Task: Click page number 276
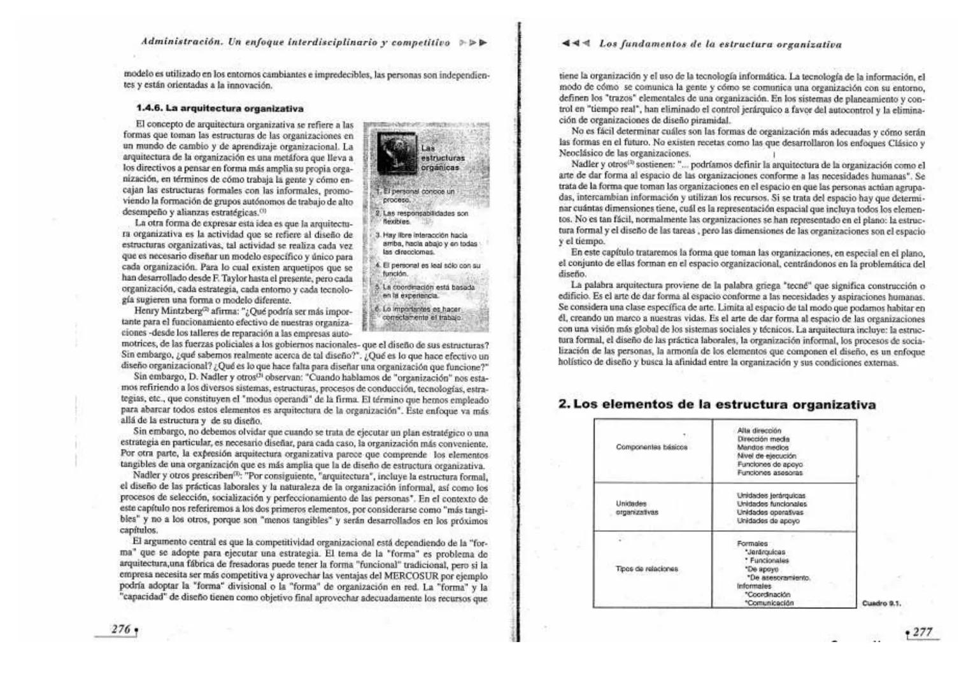point(120,629)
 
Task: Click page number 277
point(922,632)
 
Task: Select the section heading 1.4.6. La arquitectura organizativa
point(215,108)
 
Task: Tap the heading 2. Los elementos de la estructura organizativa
point(716,405)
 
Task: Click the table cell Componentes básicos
point(651,447)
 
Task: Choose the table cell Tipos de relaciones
point(646,569)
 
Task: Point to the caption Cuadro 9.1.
point(881,603)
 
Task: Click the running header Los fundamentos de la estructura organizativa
point(720,45)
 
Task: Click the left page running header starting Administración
point(295,43)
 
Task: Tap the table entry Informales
point(754,586)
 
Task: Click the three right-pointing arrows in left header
point(472,43)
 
